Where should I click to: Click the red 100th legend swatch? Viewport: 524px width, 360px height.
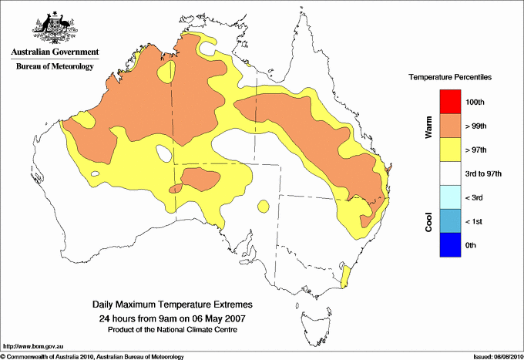449,102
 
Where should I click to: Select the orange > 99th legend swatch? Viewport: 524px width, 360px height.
449,126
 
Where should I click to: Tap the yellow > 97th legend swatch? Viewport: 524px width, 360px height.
449,150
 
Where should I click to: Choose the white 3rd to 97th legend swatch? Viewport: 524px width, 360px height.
449,173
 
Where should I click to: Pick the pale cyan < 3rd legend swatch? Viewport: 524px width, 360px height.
449,197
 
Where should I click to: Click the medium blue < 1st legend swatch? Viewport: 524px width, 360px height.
449,221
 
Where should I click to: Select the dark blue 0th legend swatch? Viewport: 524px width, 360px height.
449,245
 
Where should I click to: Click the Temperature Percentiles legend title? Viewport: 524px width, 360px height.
450,78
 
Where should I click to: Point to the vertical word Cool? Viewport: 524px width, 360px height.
428,221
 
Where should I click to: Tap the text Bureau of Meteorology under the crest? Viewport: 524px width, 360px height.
55,66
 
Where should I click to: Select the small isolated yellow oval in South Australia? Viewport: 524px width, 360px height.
264,206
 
